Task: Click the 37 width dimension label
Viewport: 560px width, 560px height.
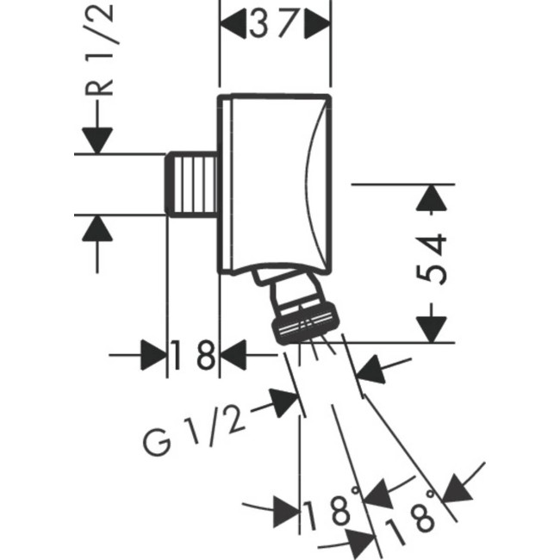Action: pos(277,25)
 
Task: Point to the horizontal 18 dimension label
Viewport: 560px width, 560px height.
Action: pos(192,355)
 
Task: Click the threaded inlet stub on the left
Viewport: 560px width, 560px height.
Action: pos(192,184)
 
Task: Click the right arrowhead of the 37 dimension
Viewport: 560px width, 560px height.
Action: pos(320,26)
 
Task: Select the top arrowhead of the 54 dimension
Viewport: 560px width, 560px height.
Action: pos(432,197)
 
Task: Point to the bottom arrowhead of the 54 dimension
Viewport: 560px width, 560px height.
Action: pos(432,328)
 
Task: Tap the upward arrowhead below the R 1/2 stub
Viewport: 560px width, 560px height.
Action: pos(97,227)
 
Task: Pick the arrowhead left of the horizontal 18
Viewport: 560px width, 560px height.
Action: pos(152,355)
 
